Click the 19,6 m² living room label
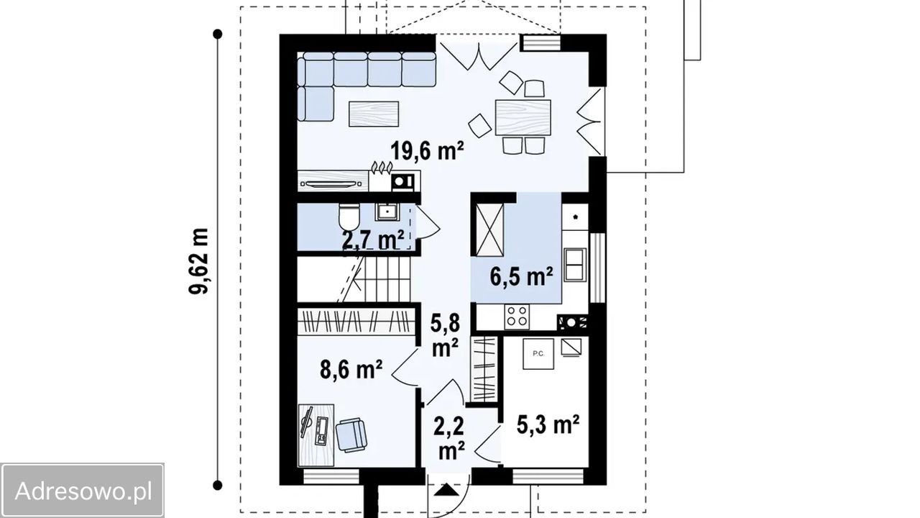click(427, 150)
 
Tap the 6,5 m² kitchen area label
click(521, 276)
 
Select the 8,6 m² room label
click(351, 370)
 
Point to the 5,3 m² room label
click(548, 424)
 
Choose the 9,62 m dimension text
click(199, 260)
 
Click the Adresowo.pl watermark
click(83, 491)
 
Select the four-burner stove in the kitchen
click(517, 317)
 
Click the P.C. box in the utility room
click(538, 353)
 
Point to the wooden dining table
click(523, 117)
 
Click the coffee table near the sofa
click(374, 114)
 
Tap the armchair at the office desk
click(351, 435)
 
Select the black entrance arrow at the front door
click(446, 491)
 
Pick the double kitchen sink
click(575, 264)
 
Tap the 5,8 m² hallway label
click(445, 335)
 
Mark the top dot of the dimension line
click(218, 34)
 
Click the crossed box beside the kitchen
click(489, 230)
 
